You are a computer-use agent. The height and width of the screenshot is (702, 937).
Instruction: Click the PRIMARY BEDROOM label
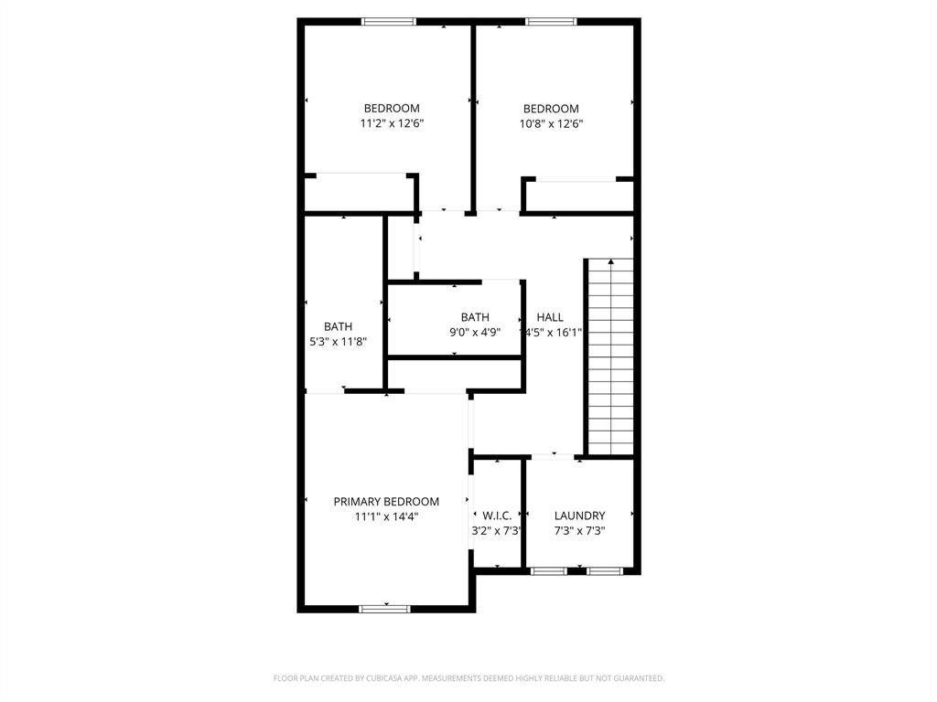point(386,501)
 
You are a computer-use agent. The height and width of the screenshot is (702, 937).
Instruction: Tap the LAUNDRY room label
point(579,516)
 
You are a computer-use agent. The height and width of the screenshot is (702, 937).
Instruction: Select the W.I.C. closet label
point(497,516)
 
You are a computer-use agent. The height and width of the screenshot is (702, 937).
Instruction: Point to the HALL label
point(550,317)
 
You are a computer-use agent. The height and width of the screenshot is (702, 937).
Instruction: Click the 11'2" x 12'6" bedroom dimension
point(392,123)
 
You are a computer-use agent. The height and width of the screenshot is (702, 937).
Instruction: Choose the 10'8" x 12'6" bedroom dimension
point(551,123)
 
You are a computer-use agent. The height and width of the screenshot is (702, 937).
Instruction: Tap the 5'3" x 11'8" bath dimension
point(338,341)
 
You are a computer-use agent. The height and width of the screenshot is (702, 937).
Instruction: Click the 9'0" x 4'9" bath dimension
point(474,333)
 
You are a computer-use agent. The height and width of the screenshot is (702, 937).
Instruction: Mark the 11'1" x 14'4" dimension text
point(386,516)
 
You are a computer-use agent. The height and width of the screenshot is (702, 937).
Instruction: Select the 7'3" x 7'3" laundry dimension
point(579,530)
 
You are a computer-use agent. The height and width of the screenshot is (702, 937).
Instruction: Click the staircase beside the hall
point(609,366)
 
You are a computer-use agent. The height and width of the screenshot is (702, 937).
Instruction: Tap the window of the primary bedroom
point(385,608)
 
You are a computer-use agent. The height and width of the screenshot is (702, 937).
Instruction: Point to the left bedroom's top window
point(389,22)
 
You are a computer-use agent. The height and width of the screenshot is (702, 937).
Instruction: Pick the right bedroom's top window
point(551,22)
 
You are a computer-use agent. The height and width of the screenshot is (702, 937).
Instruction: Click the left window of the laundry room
point(549,571)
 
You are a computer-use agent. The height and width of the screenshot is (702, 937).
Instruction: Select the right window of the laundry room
point(604,571)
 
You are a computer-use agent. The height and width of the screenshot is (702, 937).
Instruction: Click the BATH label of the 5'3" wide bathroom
point(338,326)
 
